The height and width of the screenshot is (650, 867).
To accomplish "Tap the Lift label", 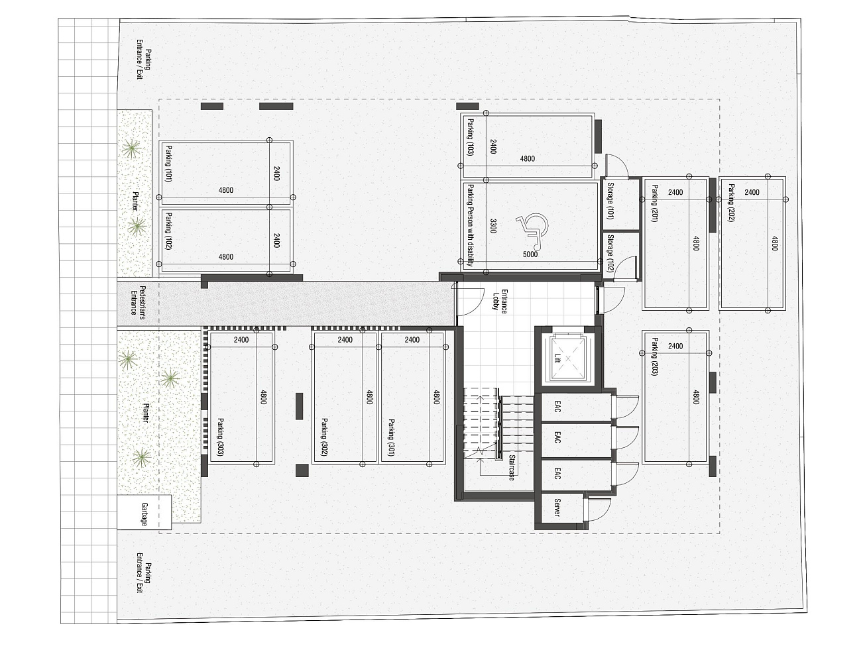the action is click(557, 358).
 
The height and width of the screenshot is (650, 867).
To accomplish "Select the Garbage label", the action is click(144, 514).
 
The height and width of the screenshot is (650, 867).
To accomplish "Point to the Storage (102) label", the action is click(610, 254).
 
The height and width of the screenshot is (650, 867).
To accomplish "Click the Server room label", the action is click(557, 508).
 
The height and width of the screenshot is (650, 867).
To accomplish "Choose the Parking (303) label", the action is click(221, 437).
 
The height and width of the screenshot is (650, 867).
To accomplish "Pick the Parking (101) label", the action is click(168, 164).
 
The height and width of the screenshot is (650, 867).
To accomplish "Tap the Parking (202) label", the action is click(732, 203).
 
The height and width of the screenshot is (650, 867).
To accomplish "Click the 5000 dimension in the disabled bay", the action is click(530, 254).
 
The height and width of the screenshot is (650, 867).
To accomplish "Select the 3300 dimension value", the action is click(493, 226).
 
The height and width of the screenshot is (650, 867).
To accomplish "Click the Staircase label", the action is click(512, 468).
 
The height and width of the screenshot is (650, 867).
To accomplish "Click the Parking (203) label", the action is click(654, 356).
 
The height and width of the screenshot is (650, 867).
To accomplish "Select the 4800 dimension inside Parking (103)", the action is click(528, 158).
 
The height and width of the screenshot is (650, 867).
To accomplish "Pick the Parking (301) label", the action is click(392, 438).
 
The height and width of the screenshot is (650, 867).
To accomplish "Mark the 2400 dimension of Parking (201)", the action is click(675, 192).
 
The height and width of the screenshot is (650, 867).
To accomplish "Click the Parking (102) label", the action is click(168, 231).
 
